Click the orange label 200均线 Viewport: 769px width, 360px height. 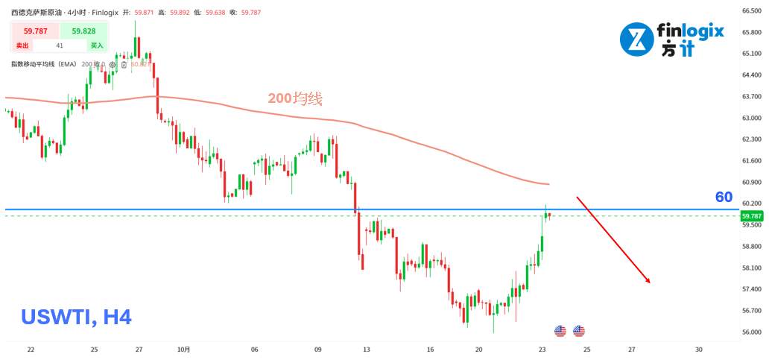click(x=296, y=98)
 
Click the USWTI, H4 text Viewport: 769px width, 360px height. click(x=77, y=318)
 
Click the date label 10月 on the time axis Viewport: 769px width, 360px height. click(x=185, y=349)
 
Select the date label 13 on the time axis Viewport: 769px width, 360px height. click(x=366, y=349)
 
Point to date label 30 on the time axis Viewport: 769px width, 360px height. click(x=698, y=349)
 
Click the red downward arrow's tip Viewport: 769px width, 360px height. click(x=651, y=283)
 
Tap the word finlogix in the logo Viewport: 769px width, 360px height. click(x=690, y=32)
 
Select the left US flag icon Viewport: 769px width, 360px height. click(x=560, y=331)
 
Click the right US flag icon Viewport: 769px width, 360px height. click(x=579, y=331)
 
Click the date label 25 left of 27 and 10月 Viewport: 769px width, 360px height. click(x=94, y=349)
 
